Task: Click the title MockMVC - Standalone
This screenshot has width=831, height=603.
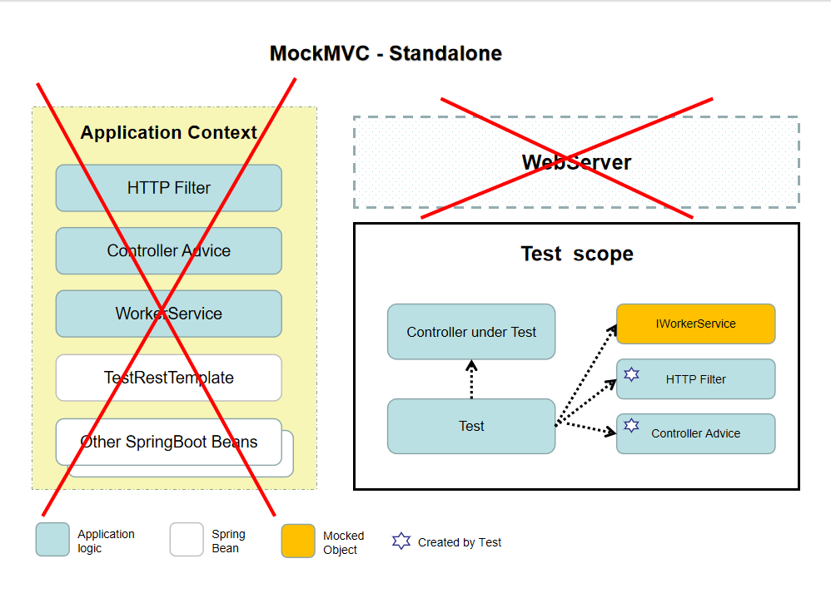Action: pyautogui.click(x=386, y=54)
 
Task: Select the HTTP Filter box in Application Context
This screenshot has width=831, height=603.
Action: pyautogui.click(x=169, y=188)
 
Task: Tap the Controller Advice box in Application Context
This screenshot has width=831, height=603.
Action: pyautogui.click(x=169, y=251)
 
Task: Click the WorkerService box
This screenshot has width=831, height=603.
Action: pyautogui.click(x=169, y=314)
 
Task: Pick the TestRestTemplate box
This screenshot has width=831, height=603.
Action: pyautogui.click(x=169, y=378)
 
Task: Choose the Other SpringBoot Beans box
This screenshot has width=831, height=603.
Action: pyautogui.click(x=169, y=442)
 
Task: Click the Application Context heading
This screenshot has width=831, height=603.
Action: pyautogui.click(x=169, y=133)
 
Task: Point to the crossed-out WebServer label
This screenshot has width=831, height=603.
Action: pyautogui.click(x=576, y=162)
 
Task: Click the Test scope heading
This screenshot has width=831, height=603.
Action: pyautogui.click(x=576, y=254)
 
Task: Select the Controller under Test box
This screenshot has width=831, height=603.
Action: pyautogui.click(x=471, y=332)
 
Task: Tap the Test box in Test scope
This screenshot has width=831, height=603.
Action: pyautogui.click(x=471, y=426)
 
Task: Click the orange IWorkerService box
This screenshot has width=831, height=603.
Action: pyautogui.click(x=695, y=324)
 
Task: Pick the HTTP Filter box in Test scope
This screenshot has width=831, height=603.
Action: pyautogui.click(x=695, y=379)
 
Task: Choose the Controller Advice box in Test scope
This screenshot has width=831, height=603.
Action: pyautogui.click(x=695, y=433)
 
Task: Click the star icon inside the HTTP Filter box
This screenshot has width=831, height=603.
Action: pyautogui.click(x=632, y=375)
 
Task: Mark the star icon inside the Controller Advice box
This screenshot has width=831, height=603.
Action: pyautogui.click(x=632, y=427)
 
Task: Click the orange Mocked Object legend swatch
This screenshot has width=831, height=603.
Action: pyautogui.click(x=298, y=541)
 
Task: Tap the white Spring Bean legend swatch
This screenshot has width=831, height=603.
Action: pyautogui.click(x=187, y=540)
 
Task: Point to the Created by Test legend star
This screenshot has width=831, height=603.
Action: pyautogui.click(x=401, y=541)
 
